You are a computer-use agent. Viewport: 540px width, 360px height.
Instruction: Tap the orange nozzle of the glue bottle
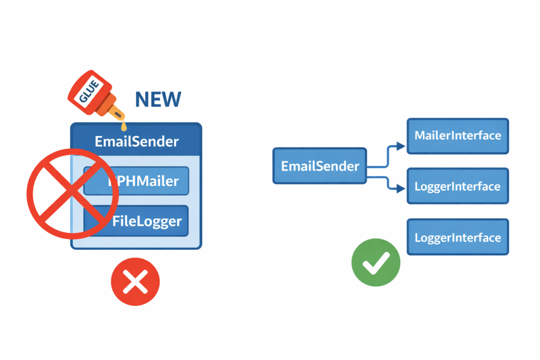coord(115,112)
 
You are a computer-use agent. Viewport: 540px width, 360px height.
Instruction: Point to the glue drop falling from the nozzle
coord(124,127)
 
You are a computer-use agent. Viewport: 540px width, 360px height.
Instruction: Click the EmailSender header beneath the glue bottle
coord(136,141)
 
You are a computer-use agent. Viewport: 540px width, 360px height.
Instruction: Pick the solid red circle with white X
coord(135,282)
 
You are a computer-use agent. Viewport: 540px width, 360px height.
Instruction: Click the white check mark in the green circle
coord(376,262)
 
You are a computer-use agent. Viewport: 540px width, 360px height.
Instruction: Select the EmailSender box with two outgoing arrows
coord(320,166)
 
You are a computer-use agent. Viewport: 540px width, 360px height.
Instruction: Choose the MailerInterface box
coord(457,135)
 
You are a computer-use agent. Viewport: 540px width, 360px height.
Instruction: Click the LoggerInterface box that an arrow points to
coord(457,186)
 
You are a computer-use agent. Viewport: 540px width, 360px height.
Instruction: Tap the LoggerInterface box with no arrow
coord(457,237)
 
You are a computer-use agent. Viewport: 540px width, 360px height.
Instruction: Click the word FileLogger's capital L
coord(138,221)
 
